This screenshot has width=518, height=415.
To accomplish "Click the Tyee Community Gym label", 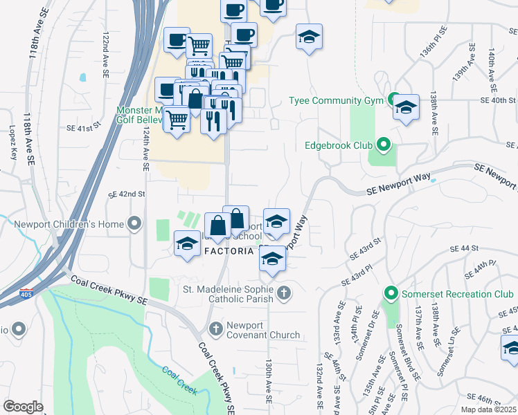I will coord(336,100).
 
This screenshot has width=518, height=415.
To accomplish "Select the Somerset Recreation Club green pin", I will coord(391,294).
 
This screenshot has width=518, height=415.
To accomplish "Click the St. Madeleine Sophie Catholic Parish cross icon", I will coord(283,294).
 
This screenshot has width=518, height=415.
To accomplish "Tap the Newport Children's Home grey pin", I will coord(135,224).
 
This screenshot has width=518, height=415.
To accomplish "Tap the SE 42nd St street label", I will coord(126,195).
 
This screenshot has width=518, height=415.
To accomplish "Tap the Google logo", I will coord(23,407).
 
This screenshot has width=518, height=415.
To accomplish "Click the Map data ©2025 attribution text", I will coord(488,409).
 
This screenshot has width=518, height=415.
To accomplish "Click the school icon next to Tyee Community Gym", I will coord(406,108).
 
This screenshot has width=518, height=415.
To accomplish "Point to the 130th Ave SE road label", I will coord(269,381).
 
